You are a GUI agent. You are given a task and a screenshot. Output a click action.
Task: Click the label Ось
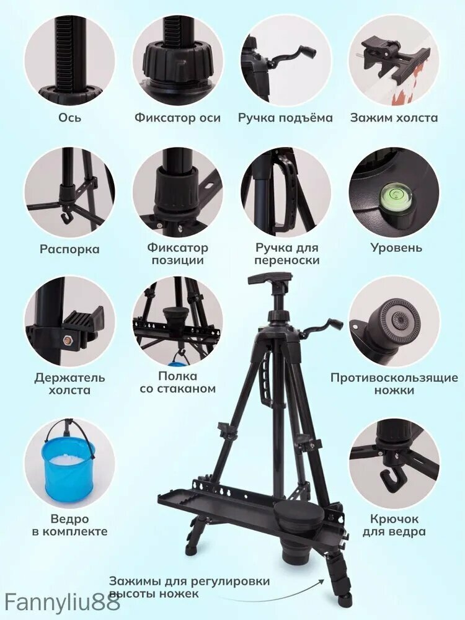tap(69, 117)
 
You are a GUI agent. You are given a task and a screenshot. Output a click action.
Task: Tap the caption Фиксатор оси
tap(177, 117)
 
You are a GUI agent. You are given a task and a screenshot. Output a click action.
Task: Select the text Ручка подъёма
tap(285, 118)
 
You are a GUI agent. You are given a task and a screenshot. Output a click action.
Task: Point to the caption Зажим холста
tap(394, 117)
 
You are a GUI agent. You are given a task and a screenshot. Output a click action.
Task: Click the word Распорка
tap(69, 249)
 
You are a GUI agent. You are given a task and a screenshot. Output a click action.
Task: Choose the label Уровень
tap(396, 248)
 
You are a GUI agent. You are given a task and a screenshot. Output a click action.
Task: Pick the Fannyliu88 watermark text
tap(60, 604)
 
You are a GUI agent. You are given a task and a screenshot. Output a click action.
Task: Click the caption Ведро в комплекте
tap(69, 525)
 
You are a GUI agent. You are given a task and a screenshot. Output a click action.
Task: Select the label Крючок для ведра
tap(394, 525)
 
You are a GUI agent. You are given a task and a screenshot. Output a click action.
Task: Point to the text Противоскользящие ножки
tap(394, 384)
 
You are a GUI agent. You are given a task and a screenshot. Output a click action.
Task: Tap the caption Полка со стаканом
tap(177, 382)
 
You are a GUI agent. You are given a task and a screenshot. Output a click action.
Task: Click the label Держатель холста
tap(69, 384)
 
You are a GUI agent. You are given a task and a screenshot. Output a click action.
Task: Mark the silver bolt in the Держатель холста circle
tap(68, 340)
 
